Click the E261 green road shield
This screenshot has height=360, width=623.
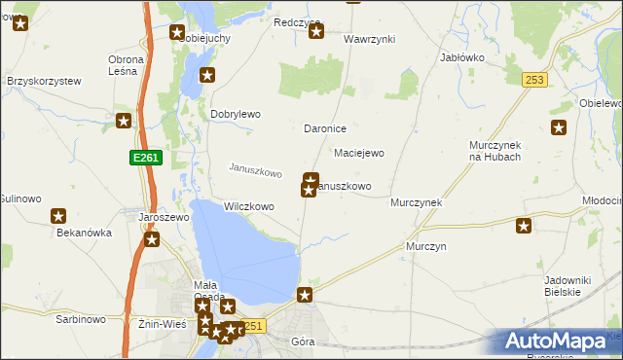(143, 157)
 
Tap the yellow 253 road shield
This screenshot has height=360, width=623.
(532, 80)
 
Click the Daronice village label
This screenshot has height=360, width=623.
(325, 128)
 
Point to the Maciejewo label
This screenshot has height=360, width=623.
(359, 153)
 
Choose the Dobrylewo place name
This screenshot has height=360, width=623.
(236, 114)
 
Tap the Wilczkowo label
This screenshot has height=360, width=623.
(249, 206)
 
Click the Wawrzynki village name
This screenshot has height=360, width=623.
(369, 40)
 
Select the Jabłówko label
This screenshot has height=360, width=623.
(462, 57)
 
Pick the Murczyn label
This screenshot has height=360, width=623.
(426, 247)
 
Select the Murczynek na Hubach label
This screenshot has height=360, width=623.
(495, 151)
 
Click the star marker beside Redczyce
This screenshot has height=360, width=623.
(316, 32)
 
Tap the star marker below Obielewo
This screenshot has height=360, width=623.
(559, 127)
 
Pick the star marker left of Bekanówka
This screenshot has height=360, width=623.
(58, 216)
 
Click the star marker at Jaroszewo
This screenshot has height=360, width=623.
(151, 239)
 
